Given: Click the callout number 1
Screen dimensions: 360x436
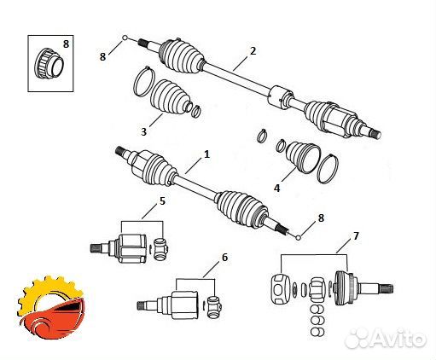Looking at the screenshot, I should pyautogui.click(x=206, y=157).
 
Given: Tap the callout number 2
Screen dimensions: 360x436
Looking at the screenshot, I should pyautogui.click(x=253, y=52).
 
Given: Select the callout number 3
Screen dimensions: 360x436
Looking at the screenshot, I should pyautogui.click(x=144, y=131).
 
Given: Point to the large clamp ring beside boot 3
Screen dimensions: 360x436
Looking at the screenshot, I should pyautogui.click(x=144, y=83).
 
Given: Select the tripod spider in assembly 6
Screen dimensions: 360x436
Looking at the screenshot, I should pyautogui.click(x=213, y=304).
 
